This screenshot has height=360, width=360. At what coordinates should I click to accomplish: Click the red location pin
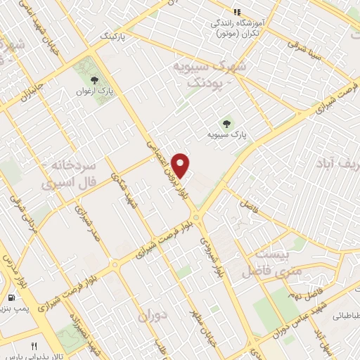(x=181, y=165)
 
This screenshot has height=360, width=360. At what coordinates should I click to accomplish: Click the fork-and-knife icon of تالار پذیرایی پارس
(x=34, y=346)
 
